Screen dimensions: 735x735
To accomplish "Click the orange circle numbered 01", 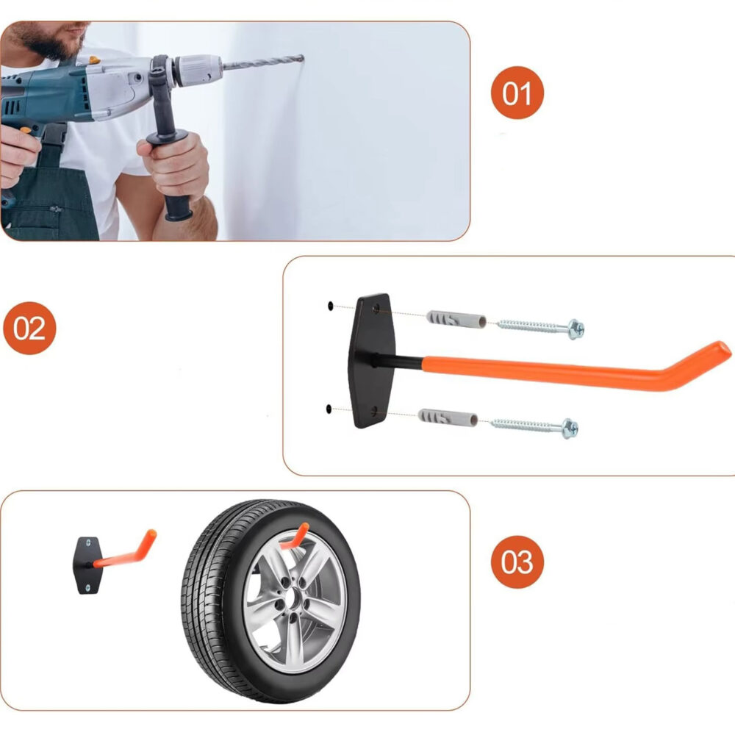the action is pos(517,93).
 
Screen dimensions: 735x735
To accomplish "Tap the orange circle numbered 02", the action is pos(29,328).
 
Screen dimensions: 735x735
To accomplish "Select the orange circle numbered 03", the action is pos(517,562).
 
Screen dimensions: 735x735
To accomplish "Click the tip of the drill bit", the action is pos(302,58).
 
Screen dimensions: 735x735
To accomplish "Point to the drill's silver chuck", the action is pos(197,71).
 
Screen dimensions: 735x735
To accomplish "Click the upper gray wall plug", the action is pos(456,319).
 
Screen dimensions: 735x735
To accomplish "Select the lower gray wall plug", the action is pos(448,417).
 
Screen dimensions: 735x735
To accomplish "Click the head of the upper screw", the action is pos(576,329).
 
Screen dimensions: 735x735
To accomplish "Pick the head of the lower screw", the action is pos(570,429).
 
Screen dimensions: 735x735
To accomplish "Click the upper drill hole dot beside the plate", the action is pos(331,306).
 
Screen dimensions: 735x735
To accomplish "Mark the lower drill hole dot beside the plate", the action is pos(329,409).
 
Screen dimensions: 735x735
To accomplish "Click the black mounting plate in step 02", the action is pos(371,360).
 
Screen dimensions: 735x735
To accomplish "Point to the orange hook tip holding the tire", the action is pos(303,531).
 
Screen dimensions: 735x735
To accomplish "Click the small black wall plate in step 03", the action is pos(87,564).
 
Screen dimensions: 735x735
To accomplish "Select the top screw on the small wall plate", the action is pos(87,543).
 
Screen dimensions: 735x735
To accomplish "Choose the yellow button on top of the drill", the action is pos(94,60).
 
